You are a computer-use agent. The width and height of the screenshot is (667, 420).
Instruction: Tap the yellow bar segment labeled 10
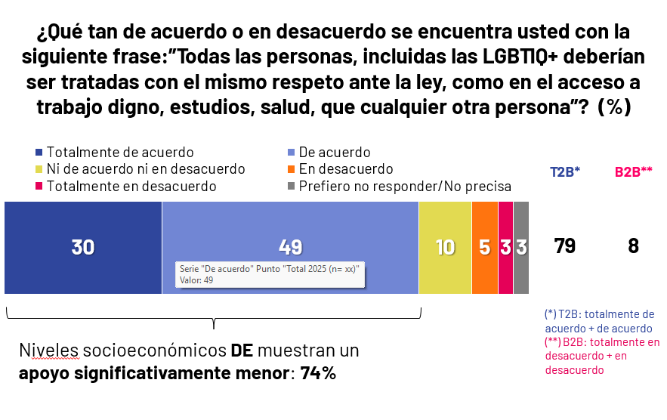point(445,248)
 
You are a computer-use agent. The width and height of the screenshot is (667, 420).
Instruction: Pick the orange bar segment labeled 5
point(485,248)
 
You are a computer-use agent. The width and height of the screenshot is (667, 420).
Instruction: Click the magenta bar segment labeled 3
point(506,248)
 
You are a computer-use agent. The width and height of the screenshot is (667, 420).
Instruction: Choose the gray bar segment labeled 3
point(521,248)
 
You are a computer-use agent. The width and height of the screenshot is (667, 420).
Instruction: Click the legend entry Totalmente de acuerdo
point(120,153)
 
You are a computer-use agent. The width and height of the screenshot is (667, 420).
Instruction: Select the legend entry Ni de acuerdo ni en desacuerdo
point(145,169)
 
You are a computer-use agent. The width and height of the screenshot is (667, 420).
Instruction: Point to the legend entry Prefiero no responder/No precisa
point(405,186)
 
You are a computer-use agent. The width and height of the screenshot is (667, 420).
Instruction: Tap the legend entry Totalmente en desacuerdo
point(131,186)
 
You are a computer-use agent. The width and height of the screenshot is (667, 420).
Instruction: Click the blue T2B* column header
point(564,171)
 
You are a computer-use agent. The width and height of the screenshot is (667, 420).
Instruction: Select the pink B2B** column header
point(633,171)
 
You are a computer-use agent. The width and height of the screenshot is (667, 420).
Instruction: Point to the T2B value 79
point(565,246)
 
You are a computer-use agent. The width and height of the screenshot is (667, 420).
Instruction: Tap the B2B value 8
point(633,246)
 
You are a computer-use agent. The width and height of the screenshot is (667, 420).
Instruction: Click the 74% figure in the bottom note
point(318,372)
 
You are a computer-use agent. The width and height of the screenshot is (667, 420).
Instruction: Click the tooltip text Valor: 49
point(196,280)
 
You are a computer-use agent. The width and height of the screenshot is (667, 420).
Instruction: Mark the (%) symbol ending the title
point(614,108)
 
